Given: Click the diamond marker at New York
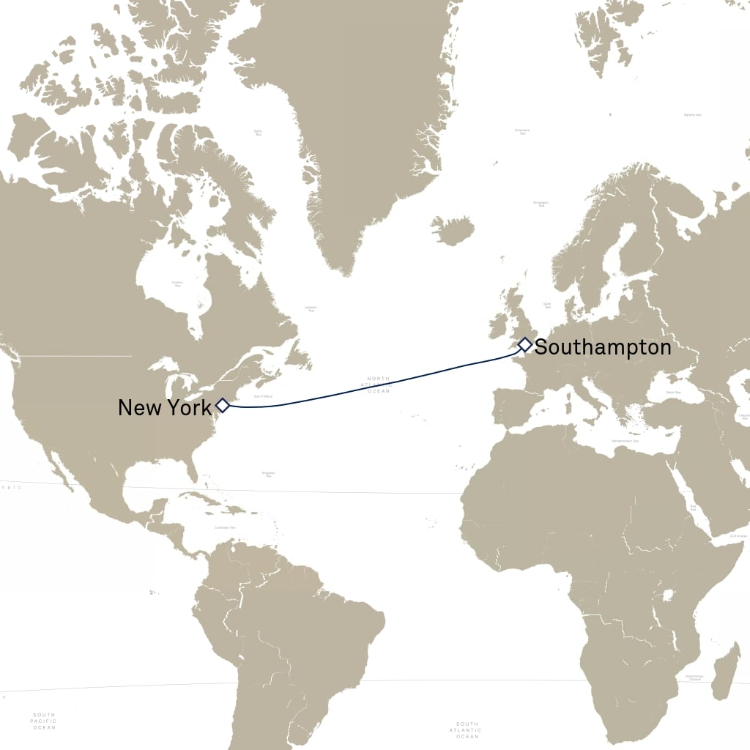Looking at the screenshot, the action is pyautogui.click(x=223, y=405).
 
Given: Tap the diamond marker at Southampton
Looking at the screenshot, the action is pyautogui.click(x=524, y=345).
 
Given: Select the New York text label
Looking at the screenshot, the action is pyautogui.click(x=164, y=408).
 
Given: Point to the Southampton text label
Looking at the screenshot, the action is pyautogui.click(x=602, y=347).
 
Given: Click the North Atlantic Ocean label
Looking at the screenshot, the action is pyautogui.click(x=379, y=385).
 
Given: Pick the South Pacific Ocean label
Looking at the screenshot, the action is pyautogui.click(x=43, y=721).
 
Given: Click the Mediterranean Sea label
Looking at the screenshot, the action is pyautogui.click(x=625, y=441).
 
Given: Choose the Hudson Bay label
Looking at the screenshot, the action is pyautogui.click(x=176, y=283).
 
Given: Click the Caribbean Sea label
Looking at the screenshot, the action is pyautogui.click(x=225, y=527).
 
